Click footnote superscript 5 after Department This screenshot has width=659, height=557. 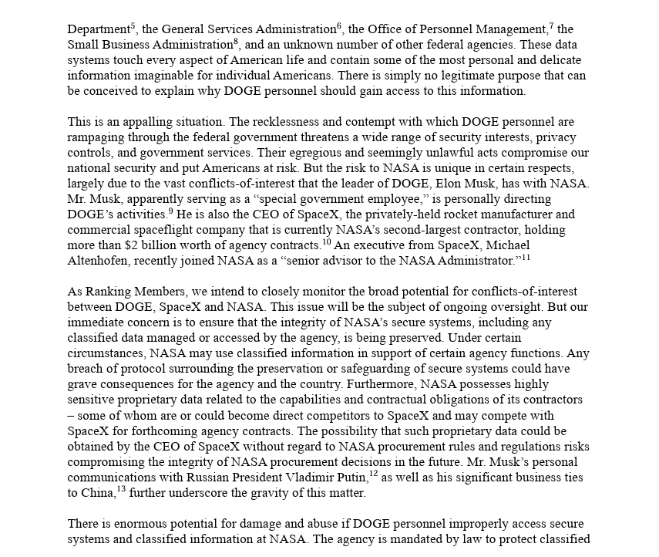[134, 25]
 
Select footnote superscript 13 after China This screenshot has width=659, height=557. [121, 490]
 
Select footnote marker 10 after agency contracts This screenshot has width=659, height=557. [326, 241]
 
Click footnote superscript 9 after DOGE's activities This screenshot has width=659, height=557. [171, 211]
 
